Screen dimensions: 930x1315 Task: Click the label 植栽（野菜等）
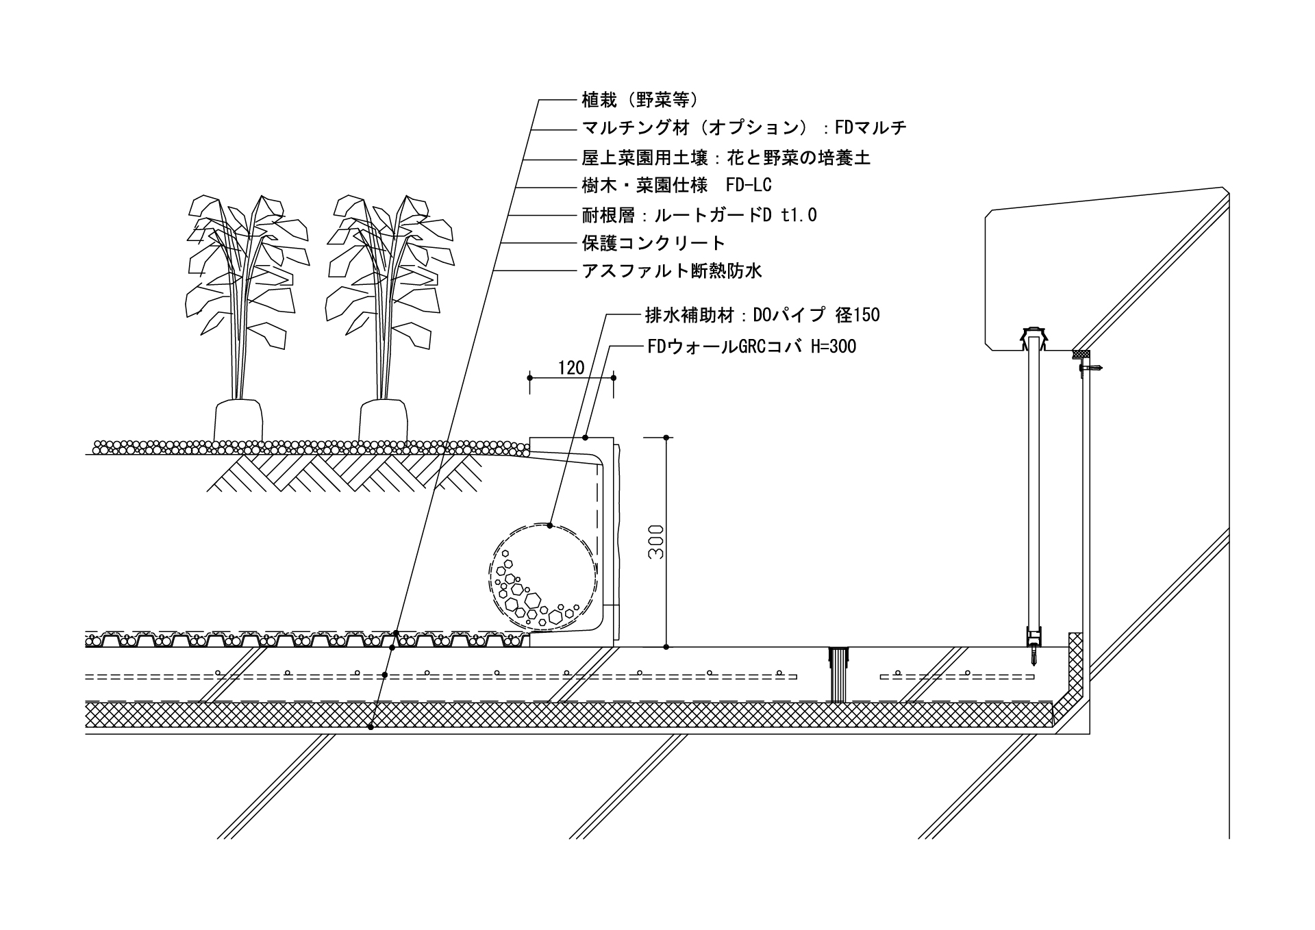[640, 101]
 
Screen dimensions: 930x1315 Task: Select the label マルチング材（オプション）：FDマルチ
[744, 128]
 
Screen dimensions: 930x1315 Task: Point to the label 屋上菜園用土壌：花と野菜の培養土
[726, 158]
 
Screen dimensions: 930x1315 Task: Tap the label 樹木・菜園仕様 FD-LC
[677, 186]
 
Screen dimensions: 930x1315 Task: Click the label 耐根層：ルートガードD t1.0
[699, 215]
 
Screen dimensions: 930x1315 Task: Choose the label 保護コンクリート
[653, 243]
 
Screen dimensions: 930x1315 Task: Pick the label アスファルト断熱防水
[671, 271]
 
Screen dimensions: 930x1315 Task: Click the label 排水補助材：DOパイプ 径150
[762, 315]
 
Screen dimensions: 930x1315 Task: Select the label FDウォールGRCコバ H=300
[751, 347]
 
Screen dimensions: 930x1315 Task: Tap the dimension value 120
[571, 368]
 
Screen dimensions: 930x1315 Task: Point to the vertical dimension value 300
[656, 542]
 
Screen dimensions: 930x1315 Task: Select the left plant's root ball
[238, 421]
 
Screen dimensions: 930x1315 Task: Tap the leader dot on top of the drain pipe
[550, 526]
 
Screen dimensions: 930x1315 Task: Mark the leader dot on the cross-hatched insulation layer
[371, 727]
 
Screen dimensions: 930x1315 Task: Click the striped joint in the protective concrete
[838, 674]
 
